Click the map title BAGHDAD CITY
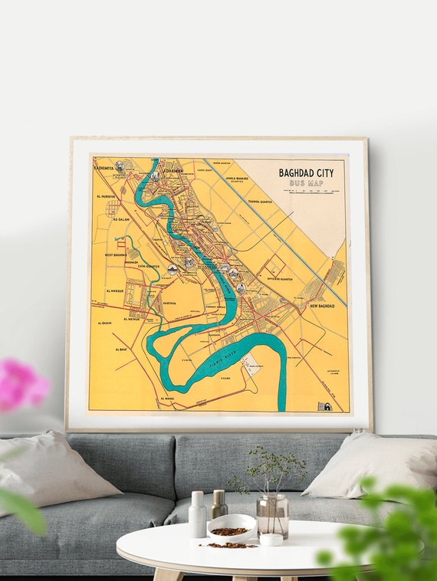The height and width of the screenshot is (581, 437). point(306,174)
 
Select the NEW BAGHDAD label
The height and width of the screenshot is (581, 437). point(322,306)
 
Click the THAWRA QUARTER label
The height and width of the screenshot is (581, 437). point(261,203)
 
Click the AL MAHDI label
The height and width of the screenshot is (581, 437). point(168,399)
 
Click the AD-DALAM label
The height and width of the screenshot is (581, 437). point(121,219)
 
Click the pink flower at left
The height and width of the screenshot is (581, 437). point(21,384)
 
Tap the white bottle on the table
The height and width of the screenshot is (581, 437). point(198,514)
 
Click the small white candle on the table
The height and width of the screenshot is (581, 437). point(271,539)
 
